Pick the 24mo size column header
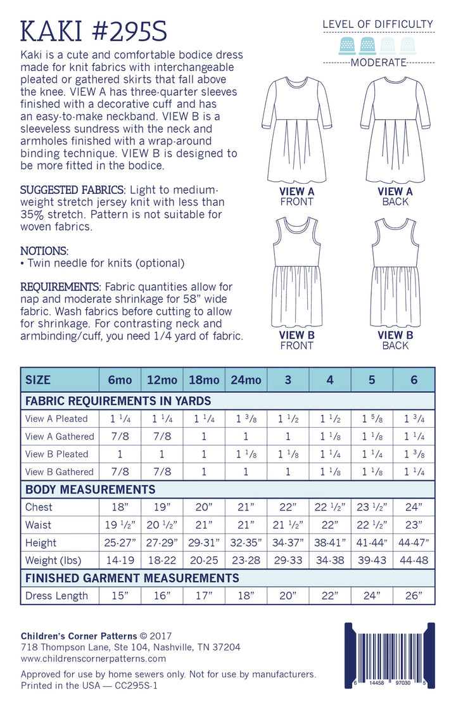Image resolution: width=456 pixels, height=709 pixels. [x=246, y=380]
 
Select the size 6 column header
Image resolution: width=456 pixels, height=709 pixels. [x=414, y=380]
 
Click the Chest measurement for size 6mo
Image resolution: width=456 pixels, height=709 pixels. [x=120, y=507]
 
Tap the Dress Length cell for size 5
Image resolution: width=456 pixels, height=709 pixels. [x=372, y=596]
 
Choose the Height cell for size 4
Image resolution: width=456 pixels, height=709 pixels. [x=330, y=542]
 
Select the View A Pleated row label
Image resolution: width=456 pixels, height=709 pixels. [x=56, y=418]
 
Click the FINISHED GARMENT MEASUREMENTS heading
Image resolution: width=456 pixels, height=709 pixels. [x=132, y=578]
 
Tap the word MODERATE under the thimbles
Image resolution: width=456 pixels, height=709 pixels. [x=378, y=62]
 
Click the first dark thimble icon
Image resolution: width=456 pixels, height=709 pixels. [x=347, y=44]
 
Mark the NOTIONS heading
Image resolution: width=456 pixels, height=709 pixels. [x=44, y=251]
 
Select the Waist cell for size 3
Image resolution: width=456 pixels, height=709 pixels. [x=288, y=525]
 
